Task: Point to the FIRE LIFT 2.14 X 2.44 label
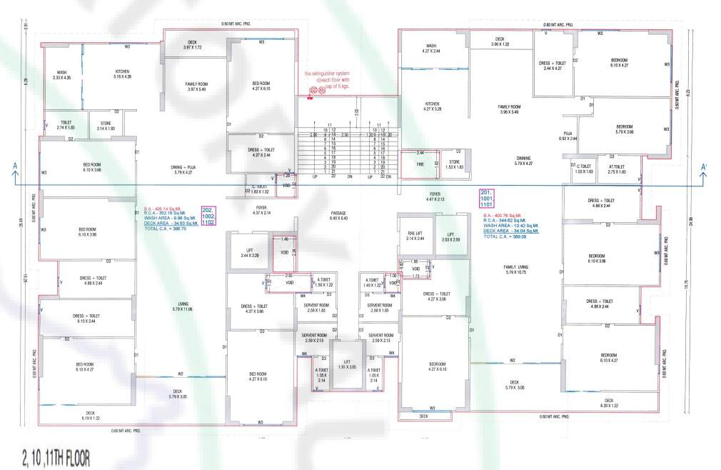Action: (415, 236)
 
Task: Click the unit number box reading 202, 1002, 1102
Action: (208, 216)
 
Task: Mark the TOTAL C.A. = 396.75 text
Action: (166, 229)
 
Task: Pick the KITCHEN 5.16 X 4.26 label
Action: (122, 74)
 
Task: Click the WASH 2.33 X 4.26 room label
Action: (62, 75)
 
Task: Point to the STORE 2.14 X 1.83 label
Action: (105, 126)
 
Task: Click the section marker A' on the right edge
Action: (704, 168)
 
